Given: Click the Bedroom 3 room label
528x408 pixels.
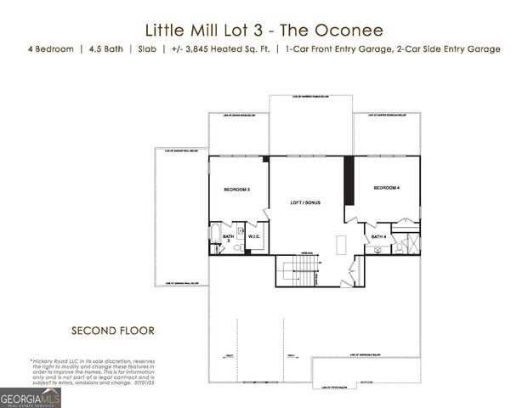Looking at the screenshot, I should (236, 189).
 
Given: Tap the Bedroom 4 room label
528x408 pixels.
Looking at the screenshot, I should (386, 187).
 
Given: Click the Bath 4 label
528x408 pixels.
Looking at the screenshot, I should (379, 235).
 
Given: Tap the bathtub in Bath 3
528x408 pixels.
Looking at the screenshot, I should (214, 237).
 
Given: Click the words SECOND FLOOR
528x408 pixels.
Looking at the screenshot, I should (113, 329).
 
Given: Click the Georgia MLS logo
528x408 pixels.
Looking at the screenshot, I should (31, 397).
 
